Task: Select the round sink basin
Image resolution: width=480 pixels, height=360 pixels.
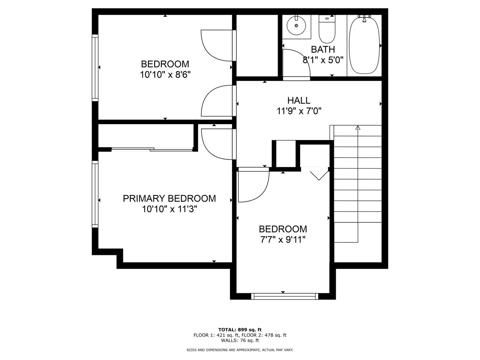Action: click(296, 26)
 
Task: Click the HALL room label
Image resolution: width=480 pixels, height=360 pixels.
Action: click(299, 101)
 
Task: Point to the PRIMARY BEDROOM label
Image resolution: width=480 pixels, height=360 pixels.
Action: click(169, 198)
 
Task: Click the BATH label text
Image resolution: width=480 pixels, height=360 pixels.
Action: click(323, 50)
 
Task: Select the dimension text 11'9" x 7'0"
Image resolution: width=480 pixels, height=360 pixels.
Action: click(299, 111)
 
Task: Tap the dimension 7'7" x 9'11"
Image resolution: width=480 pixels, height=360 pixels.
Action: click(283, 240)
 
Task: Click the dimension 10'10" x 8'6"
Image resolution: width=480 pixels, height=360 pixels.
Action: click(165, 75)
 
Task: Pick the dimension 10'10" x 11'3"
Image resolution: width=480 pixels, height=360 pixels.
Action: click(169, 209)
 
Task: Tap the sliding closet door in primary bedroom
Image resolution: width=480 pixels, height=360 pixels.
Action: click(152, 149)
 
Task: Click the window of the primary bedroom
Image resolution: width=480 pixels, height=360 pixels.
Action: click(95, 194)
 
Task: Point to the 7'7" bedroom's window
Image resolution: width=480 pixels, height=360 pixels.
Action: click(285, 296)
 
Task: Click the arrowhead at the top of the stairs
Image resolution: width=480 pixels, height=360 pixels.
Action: click(358, 128)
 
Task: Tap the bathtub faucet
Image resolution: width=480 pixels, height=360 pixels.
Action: click(364, 18)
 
